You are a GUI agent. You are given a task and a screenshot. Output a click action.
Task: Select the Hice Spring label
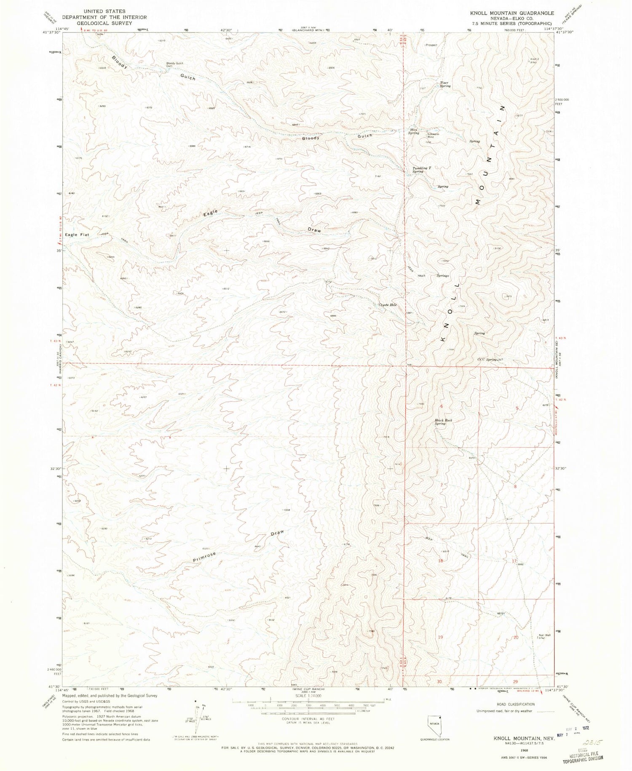coord(413,131)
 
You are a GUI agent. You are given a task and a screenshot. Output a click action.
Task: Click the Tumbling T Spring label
coord(421,170)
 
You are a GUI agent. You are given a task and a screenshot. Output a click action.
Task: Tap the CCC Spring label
coord(487,360)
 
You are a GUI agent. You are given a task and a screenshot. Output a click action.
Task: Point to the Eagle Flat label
coord(77,235)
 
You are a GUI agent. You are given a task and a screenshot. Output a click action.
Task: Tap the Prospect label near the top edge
coord(431,45)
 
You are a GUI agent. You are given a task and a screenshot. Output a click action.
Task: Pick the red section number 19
coord(440,637)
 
